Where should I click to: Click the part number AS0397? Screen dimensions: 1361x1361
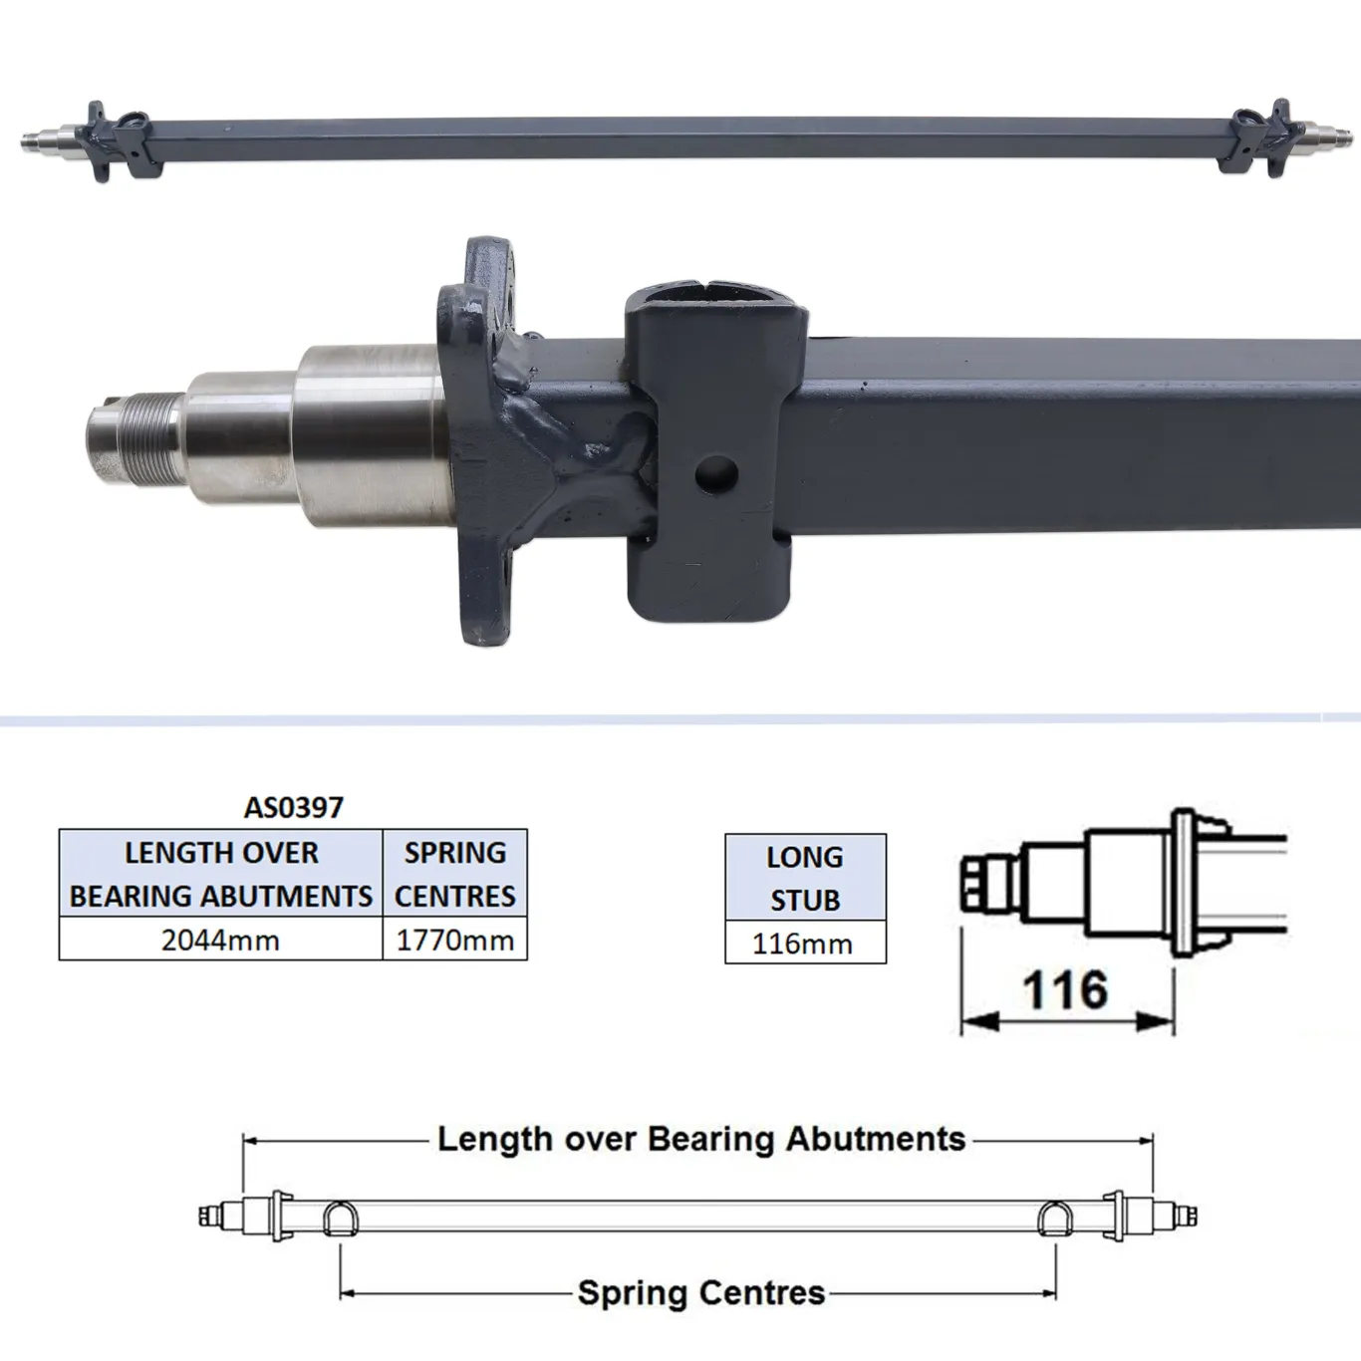[293, 807]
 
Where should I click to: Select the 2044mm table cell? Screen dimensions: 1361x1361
[220, 940]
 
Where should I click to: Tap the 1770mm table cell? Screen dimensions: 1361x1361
[454, 940]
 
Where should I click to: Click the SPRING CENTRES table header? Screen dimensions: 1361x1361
[454, 874]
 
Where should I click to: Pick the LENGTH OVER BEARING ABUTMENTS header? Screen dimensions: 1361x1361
[220, 874]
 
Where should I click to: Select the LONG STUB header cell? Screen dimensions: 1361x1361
[805, 878]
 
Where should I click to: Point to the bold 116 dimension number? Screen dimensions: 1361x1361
[1065, 990]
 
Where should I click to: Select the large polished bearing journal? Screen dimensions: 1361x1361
[369, 433]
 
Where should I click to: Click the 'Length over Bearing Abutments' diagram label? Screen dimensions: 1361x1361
[701, 1139]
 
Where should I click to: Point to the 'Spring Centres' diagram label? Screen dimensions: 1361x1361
[701, 1293]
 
